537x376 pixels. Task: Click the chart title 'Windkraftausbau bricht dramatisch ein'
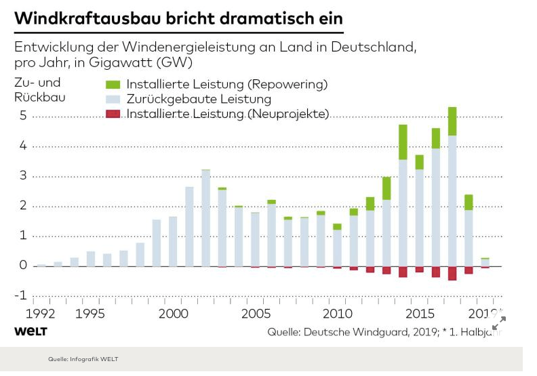tap(178, 18)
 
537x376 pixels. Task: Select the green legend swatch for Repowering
tap(113, 85)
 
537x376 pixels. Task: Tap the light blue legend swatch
tap(113, 100)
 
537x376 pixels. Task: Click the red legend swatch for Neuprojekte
tap(113, 114)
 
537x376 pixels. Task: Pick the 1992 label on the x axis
tap(41, 314)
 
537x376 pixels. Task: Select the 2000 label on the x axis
tap(174, 314)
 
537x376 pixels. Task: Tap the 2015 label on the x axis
tap(420, 314)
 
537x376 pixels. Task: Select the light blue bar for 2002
tap(205, 217)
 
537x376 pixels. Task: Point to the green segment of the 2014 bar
tap(403, 142)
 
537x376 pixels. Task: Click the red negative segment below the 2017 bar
tap(452, 273)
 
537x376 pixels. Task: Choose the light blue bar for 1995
tap(91, 259)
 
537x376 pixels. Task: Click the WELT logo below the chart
tap(31, 331)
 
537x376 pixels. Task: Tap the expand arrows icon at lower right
tap(499, 323)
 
